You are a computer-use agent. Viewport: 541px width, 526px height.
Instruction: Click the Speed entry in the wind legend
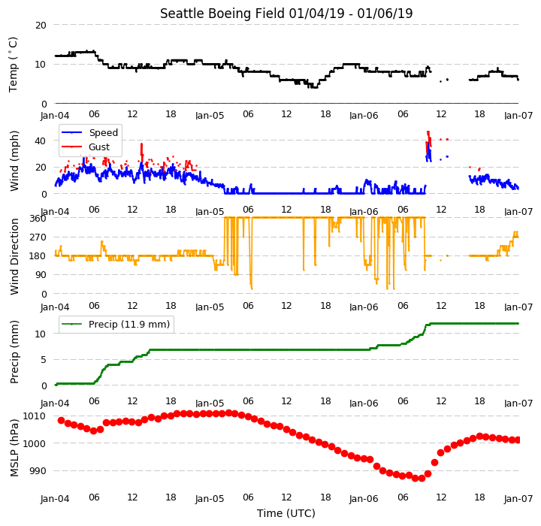[89, 132]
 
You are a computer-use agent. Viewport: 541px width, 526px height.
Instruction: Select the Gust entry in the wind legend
[86, 147]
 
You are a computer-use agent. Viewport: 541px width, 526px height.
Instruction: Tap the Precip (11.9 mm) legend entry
[116, 325]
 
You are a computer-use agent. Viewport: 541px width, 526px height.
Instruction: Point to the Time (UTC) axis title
[286, 513]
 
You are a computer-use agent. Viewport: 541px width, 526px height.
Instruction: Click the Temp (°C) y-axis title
[13, 65]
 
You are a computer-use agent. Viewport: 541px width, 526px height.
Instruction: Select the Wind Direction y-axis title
[14, 256]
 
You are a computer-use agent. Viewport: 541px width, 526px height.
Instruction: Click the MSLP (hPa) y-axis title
[14, 448]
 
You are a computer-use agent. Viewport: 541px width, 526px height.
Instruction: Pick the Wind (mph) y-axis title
[14, 161]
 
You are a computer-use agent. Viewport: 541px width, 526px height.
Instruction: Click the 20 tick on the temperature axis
[41, 26]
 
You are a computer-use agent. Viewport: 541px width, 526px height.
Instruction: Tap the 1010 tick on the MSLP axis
[34, 416]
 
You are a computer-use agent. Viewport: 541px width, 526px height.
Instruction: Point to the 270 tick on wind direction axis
[38, 237]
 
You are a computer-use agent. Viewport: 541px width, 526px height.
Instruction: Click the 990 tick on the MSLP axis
[38, 471]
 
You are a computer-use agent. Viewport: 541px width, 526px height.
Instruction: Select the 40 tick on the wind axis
[41, 141]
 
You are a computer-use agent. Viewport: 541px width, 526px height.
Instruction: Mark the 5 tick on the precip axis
[44, 360]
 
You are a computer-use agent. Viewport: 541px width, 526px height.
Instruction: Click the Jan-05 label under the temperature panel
[210, 115]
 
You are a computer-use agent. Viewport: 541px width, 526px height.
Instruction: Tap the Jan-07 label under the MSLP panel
[518, 499]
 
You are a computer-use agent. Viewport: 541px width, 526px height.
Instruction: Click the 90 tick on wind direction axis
[41, 275]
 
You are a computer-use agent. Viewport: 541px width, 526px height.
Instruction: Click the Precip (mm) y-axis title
[14, 352]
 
